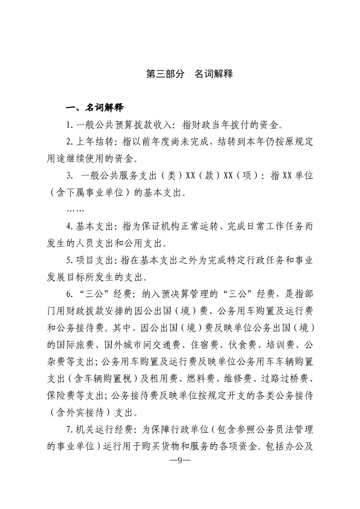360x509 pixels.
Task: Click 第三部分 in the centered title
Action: (x=165, y=74)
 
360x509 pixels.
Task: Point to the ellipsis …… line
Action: (x=75, y=210)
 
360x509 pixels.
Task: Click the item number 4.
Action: (x=69, y=226)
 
